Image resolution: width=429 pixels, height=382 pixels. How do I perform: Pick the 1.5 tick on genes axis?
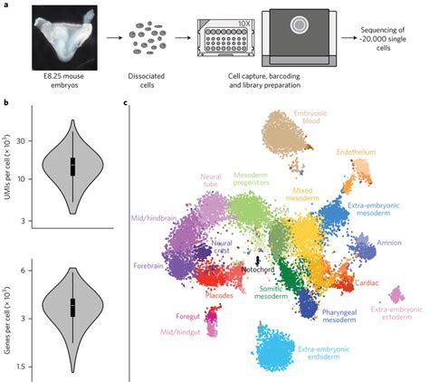pos(27,364)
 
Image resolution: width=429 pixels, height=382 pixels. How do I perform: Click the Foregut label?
pos(186,316)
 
